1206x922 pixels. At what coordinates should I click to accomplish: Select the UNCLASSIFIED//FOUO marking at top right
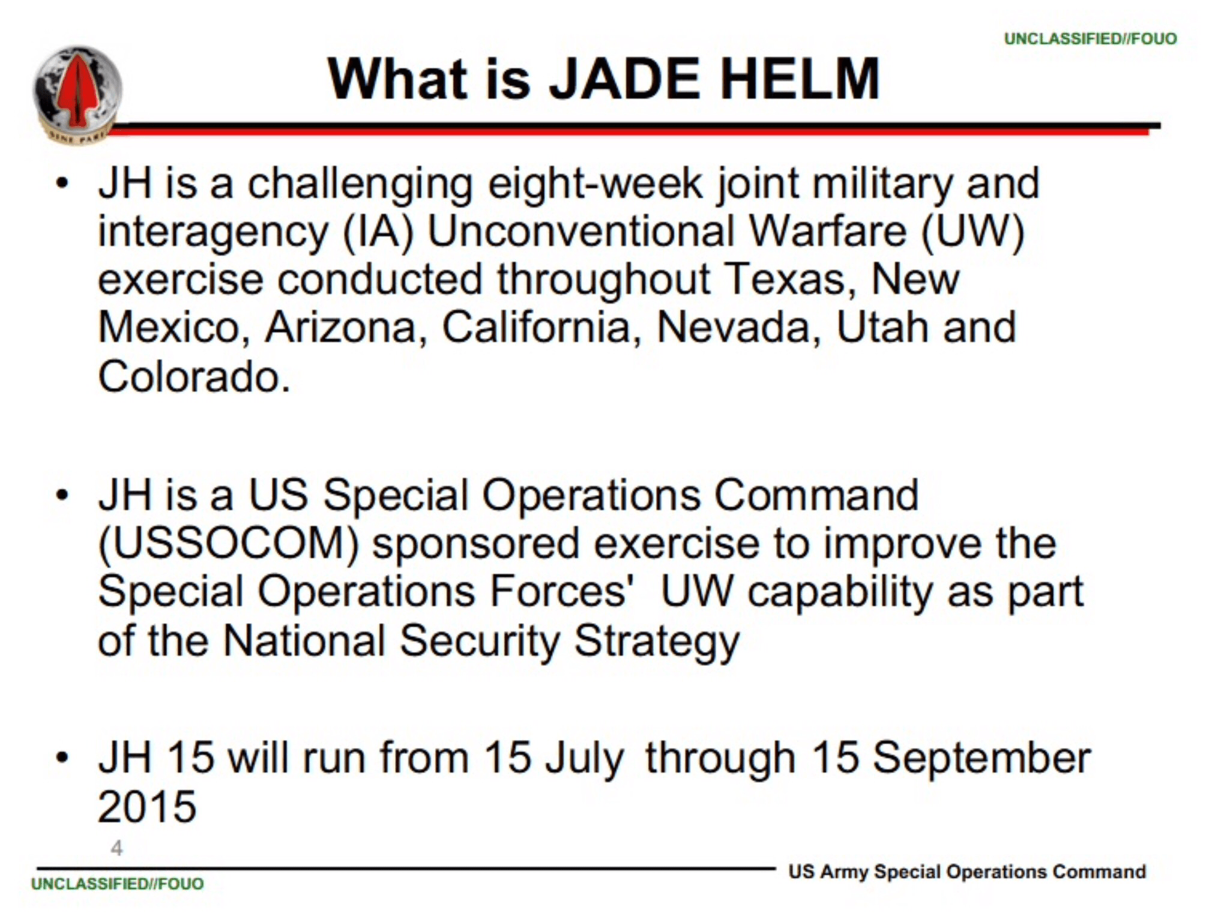[x=1090, y=38]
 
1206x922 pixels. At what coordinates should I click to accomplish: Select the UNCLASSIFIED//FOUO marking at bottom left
[x=118, y=884]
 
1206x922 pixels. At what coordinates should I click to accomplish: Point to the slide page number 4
[x=117, y=848]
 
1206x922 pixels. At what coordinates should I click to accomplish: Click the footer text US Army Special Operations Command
[x=967, y=872]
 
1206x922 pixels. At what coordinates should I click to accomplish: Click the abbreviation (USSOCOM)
[x=229, y=544]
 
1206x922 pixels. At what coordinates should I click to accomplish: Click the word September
[x=981, y=758]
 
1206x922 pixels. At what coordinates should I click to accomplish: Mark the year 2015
[x=147, y=806]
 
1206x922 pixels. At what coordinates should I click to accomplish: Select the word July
[x=585, y=759]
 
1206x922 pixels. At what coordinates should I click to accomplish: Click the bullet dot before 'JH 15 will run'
[x=62, y=758]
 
